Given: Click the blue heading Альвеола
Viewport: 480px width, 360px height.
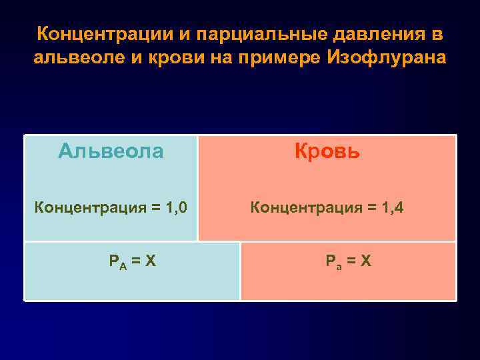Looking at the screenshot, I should tap(111, 151).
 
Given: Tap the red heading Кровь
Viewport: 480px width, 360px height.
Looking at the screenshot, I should tap(327, 151).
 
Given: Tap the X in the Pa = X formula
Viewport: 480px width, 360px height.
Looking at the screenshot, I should tap(366, 261).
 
